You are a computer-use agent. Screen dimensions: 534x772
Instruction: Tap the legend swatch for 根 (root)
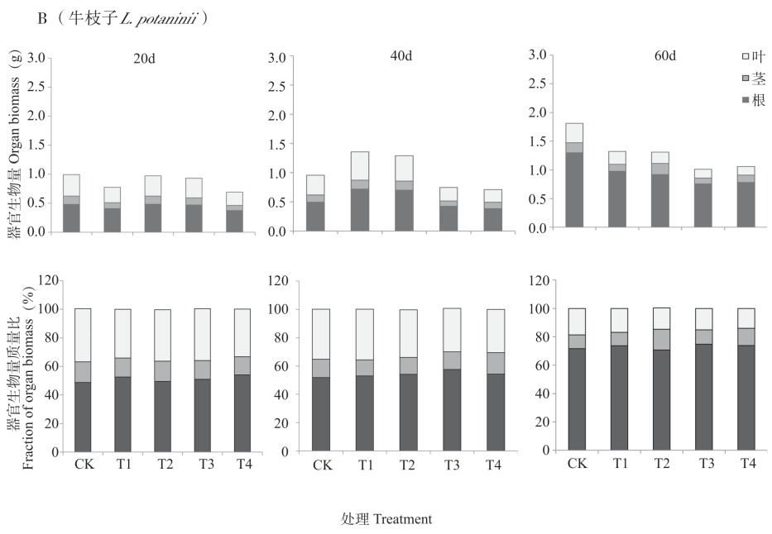click(x=746, y=100)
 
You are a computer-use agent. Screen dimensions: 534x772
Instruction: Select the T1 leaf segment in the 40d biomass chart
click(x=360, y=165)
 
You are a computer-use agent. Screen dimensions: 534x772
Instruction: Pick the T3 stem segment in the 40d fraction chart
click(x=451, y=360)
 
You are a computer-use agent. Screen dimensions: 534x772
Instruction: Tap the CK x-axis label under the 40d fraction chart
click(x=322, y=465)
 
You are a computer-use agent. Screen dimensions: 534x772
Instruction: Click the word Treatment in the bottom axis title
click(x=402, y=519)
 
